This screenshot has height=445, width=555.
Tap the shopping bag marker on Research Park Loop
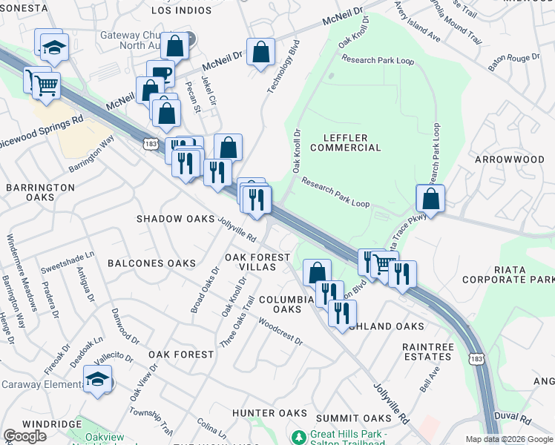(x=430, y=199)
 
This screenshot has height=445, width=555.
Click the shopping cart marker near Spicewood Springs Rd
(x=45, y=86)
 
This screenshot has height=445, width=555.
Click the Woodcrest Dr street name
(x=280, y=331)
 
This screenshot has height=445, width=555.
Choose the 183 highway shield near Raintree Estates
(x=478, y=358)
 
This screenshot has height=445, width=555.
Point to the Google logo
(x=24, y=435)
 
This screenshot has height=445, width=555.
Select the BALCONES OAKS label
(x=151, y=263)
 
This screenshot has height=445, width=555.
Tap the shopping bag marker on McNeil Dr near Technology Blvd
(x=260, y=53)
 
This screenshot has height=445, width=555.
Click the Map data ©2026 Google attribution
(x=509, y=439)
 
